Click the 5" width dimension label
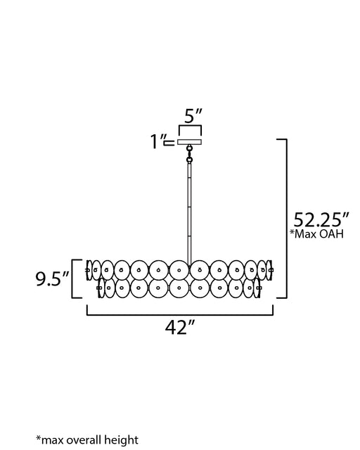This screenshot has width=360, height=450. coord(193,116)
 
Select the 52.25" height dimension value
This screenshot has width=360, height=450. coord(321,220)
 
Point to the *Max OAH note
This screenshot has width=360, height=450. coord(316,234)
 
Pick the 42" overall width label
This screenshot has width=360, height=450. coord(180,327)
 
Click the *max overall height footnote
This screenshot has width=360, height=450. coord(87,440)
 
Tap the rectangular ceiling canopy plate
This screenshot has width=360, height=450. coord(189,142)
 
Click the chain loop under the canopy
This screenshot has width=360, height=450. coord(189,154)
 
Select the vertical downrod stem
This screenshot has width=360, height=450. coord(189,214)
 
